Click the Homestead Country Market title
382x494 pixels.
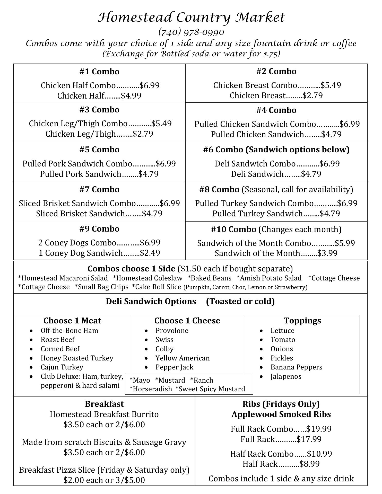pos(191,17)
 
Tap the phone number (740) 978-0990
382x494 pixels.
pos(191,32)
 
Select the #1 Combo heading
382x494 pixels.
pos(99,72)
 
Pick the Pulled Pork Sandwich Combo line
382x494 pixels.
pos(99,164)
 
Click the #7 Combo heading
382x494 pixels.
pos(99,189)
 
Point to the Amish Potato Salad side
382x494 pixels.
pos(269,278)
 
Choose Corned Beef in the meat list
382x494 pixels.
pos(60,349)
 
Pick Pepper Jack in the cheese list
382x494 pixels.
pos(174,367)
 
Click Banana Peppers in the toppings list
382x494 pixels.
pos(296,367)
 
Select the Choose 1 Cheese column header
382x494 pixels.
pos(187,321)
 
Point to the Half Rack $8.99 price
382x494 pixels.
pos(310,464)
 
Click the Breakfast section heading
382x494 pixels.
pos(104,404)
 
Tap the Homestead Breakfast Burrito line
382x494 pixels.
pos(104,414)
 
